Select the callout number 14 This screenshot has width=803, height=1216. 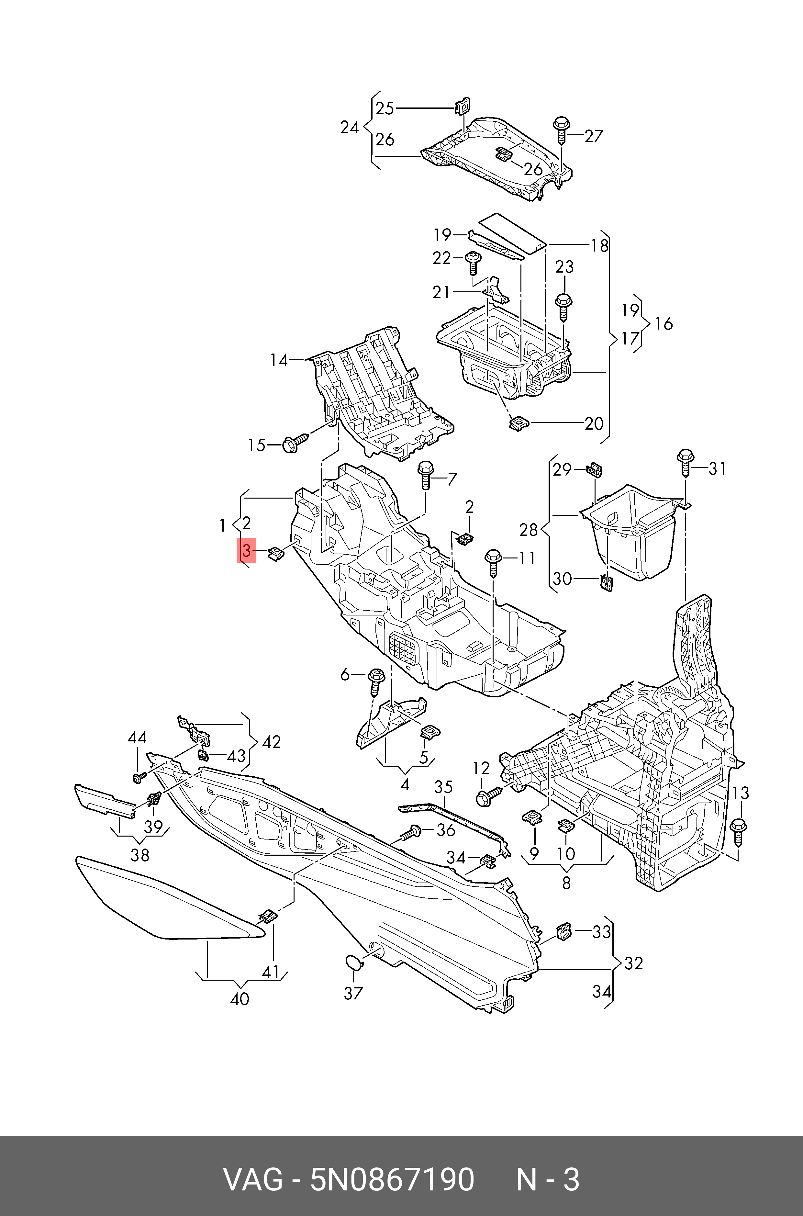pyautogui.click(x=279, y=360)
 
